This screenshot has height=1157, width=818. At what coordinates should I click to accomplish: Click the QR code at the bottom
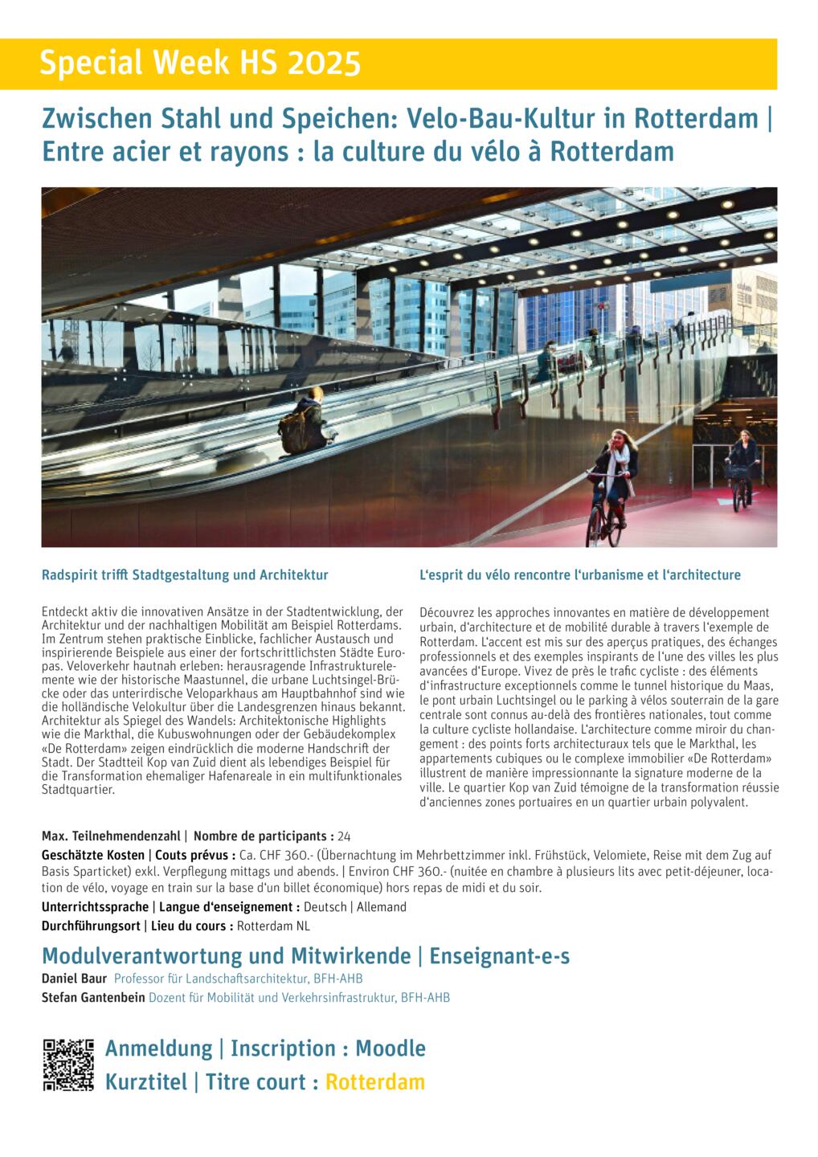click(67, 1065)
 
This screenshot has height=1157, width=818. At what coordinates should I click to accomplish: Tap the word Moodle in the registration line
click(390, 1049)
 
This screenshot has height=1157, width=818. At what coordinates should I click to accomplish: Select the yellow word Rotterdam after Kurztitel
click(374, 1082)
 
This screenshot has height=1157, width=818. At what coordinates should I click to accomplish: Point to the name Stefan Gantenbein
click(93, 998)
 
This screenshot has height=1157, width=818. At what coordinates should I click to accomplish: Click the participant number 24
click(344, 836)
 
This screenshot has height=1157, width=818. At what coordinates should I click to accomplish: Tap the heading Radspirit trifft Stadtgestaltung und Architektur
click(185, 575)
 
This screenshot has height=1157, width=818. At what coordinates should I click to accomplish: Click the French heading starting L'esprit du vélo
click(580, 575)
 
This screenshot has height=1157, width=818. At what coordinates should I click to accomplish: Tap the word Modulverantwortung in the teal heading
click(145, 956)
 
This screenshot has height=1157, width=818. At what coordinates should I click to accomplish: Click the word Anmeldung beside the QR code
click(158, 1049)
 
